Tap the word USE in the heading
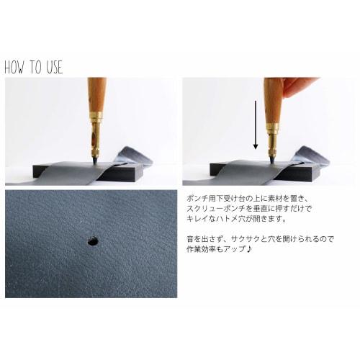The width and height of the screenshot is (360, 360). [x=53, y=68]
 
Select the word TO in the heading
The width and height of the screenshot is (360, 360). [x=35, y=68]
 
